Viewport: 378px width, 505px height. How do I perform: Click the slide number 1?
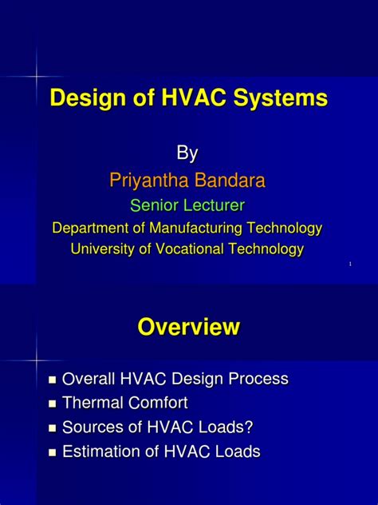pyautogui.click(x=350, y=264)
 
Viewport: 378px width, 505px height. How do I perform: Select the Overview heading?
pyautogui.click(x=188, y=327)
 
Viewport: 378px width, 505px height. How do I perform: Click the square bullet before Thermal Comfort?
pyautogui.click(x=53, y=404)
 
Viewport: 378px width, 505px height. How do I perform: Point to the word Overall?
pyautogui.click(x=90, y=379)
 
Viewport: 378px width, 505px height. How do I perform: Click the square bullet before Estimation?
pyautogui.click(x=53, y=453)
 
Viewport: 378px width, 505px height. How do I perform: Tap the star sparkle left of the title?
pyautogui.click(x=37, y=76)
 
